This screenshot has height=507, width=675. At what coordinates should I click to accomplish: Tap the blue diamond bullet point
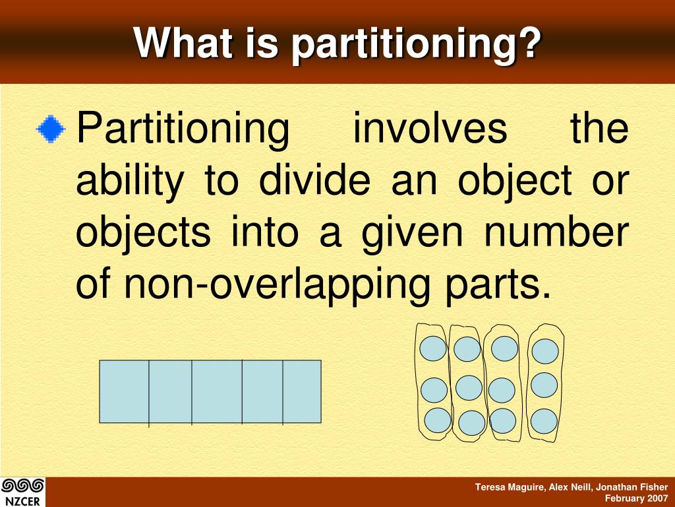51,129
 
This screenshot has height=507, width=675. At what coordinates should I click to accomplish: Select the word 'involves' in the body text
430,129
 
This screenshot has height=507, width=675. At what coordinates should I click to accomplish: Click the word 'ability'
130,181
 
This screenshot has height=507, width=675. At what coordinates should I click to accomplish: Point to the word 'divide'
314,181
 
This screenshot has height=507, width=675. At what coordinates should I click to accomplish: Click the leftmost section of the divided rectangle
124,391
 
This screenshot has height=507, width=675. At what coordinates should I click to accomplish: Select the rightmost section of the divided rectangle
302,391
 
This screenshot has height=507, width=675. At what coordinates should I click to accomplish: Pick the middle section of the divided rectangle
217,391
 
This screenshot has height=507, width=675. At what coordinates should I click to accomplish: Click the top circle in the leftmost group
433,348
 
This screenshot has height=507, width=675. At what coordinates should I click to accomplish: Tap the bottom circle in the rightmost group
544,421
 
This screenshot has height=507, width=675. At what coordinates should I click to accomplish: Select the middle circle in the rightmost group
544,385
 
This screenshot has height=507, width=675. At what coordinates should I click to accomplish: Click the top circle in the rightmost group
545,351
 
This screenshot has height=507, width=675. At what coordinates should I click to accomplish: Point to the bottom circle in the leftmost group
438,420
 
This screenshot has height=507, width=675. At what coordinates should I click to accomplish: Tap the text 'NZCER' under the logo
22,500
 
